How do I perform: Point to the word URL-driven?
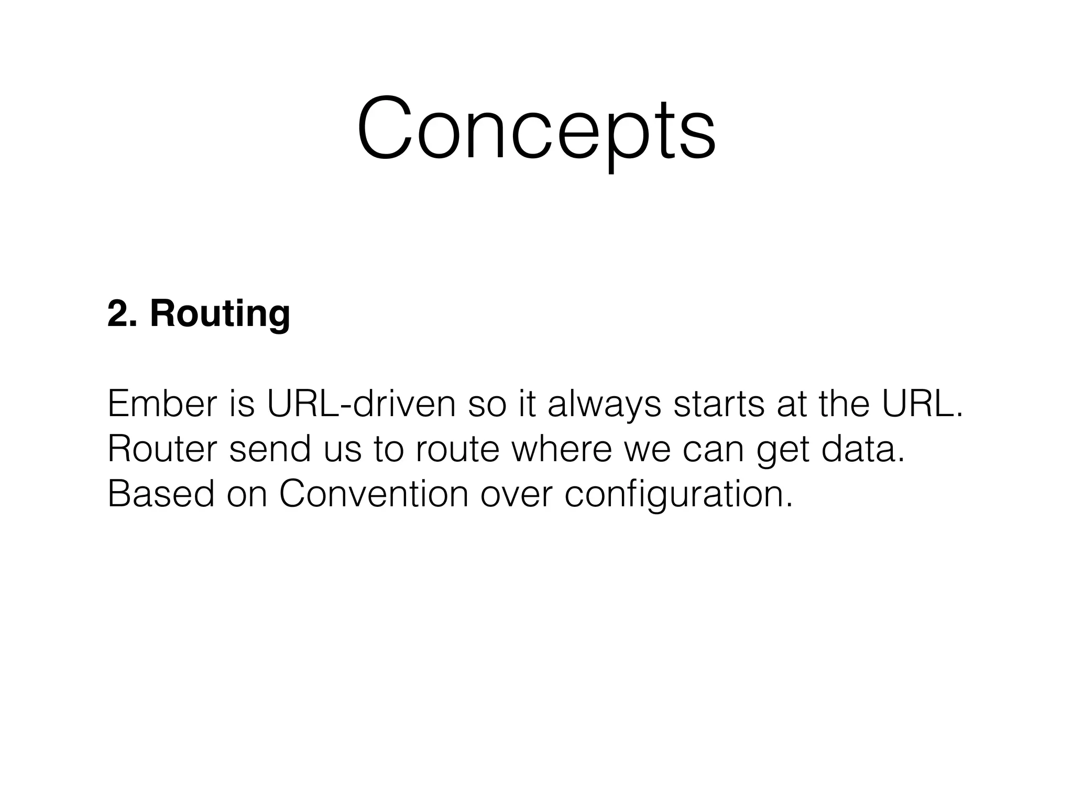[361, 404]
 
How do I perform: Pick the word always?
[604, 405]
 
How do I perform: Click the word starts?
[719, 404]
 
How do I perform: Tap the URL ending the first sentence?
[922, 404]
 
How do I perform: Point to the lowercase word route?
[457, 450]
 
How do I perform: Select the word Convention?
[374, 494]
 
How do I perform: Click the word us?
[342, 450]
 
